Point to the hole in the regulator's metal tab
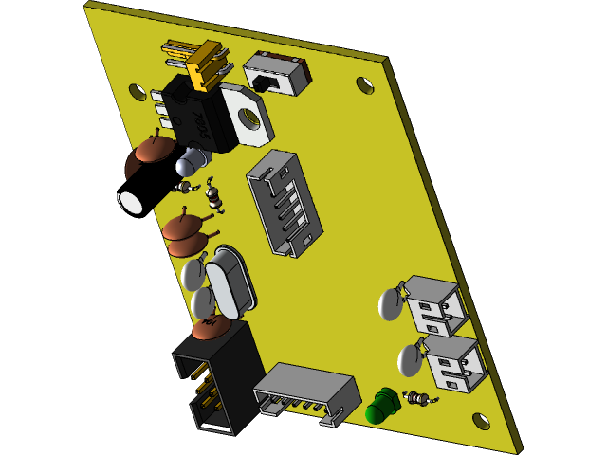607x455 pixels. point(249,118)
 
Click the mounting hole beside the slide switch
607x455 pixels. point(365,85)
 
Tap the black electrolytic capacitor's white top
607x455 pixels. point(130,202)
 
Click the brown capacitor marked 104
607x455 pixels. point(210,328)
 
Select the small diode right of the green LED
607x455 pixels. point(417,398)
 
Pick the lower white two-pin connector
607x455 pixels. point(453,361)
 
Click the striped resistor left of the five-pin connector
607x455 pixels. point(214,197)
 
